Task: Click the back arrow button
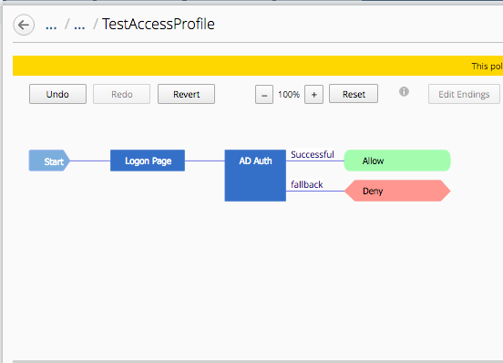(24, 25)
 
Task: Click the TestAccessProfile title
(159, 24)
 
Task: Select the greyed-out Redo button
(121, 94)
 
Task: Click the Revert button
(186, 94)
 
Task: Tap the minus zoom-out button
(264, 95)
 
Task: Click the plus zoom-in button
(313, 95)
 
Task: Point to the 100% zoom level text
(289, 95)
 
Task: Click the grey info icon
(404, 92)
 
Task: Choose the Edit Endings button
(464, 94)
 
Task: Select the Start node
(49, 161)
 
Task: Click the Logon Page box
(148, 161)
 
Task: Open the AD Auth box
(255, 175)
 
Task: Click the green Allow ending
(397, 161)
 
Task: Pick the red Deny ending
(397, 191)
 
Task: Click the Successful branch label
(313, 154)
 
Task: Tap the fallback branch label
(307, 184)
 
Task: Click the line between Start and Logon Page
(90, 161)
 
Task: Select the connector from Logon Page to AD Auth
(205, 161)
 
